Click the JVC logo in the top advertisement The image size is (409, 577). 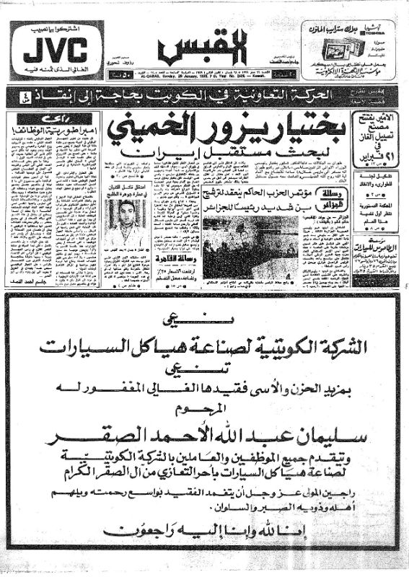[55, 52]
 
